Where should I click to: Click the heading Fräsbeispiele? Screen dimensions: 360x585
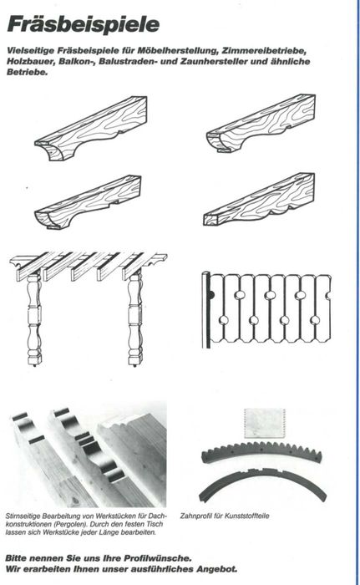tap(84, 24)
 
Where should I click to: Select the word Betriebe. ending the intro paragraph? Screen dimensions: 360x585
tap(28, 72)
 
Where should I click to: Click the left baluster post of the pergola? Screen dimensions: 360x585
tap(34, 318)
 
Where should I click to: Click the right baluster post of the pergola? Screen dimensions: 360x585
tap(135, 317)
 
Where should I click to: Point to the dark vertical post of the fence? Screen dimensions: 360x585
tap(205, 310)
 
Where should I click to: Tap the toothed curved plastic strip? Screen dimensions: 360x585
tap(261, 450)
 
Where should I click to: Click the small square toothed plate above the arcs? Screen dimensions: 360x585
tap(265, 423)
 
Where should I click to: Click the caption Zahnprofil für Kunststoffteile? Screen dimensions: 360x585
tap(225, 516)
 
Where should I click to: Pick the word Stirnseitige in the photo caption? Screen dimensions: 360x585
tap(23, 516)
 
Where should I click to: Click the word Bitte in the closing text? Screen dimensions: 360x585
tap(16, 558)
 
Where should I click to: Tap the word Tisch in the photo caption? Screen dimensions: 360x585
tap(155, 524)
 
